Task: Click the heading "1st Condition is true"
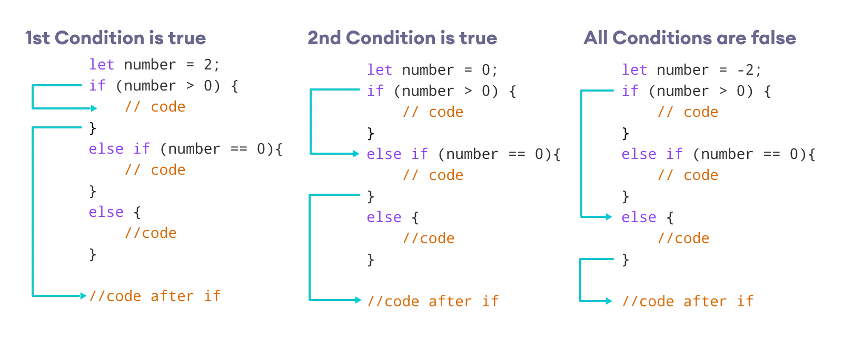pyautogui.click(x=115, y=38)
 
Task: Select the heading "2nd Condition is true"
pyautogui.click(x=402, y=38)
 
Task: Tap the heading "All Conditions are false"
pyautogui.click(x=689, y=38)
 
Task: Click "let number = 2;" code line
pyautogui.click(x=154, y=65)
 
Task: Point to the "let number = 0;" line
pyautogui.click(x=432, y=70)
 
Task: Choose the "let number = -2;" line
pyautogui.click(x=691, y=70)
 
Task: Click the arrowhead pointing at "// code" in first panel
pyautogui.click(x=94, y=108)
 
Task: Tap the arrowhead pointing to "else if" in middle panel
pyautogui.click(x=356, y=154)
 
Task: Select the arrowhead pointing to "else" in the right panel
pyautogui.click(x=609, y=217)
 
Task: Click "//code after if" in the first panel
pyautogui.click(x=155, y=296)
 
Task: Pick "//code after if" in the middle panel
pyautogui.click(x=433, y=302)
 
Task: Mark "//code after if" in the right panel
pyautogui.click(x=688, y=302)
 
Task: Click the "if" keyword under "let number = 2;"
pyautogui.click(x=97, y=86)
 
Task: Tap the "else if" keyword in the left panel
pyautogui.click(x=119, y=149)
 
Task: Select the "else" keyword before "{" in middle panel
pyautogui.click(x=384, y=217)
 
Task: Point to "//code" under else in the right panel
pyautogui.click(x=683, y=238)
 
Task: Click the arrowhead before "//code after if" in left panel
pyautogui.click(x=83, y=296)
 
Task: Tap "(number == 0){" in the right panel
pyautogui.click(x=754, y=154)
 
